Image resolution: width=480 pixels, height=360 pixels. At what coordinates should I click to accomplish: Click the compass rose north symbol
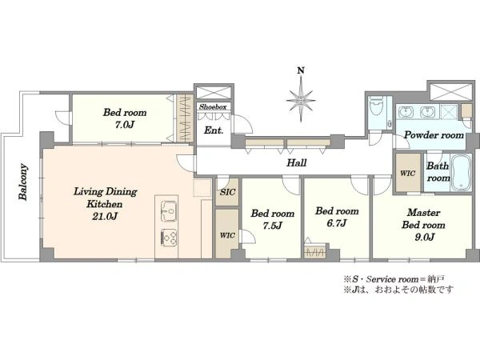tap(301, 100)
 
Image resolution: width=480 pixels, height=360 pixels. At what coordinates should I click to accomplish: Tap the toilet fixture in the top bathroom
tap(377, 106)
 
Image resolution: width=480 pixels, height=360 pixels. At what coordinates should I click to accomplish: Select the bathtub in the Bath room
tap(462, 173)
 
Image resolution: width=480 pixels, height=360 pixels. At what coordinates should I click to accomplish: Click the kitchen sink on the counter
tap(168, 211)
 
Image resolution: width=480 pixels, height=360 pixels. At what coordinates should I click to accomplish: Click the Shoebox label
tap(213, 107)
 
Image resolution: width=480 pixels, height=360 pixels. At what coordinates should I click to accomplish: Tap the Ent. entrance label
tap(214, 130)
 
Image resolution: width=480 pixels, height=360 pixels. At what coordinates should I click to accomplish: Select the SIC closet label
tap(228, 192)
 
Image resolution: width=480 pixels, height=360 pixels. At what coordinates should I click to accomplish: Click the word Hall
tap(296, 162)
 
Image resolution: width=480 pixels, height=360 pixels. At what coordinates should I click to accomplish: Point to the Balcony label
tap(23, 182)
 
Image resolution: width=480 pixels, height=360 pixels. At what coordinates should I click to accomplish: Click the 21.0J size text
tap(105, 217)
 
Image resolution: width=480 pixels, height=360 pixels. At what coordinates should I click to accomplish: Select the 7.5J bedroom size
tap(272, 226)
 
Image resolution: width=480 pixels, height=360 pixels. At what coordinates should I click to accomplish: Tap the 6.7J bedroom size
tap(337, 223)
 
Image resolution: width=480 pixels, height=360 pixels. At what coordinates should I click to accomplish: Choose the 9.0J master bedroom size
tap(424, 238)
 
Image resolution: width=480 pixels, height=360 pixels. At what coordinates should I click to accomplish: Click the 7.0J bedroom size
tap(125, 125)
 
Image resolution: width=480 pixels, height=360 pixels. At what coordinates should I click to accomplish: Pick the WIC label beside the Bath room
tap(408, 174)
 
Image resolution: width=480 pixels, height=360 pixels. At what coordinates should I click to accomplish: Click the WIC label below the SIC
tap(227, 235)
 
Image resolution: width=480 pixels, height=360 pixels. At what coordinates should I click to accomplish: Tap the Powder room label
tap(434, 135)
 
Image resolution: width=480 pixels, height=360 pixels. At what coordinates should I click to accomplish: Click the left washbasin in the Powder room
tap(406, 112)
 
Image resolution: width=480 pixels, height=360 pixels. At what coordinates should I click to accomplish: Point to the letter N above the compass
tap(301, 70)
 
